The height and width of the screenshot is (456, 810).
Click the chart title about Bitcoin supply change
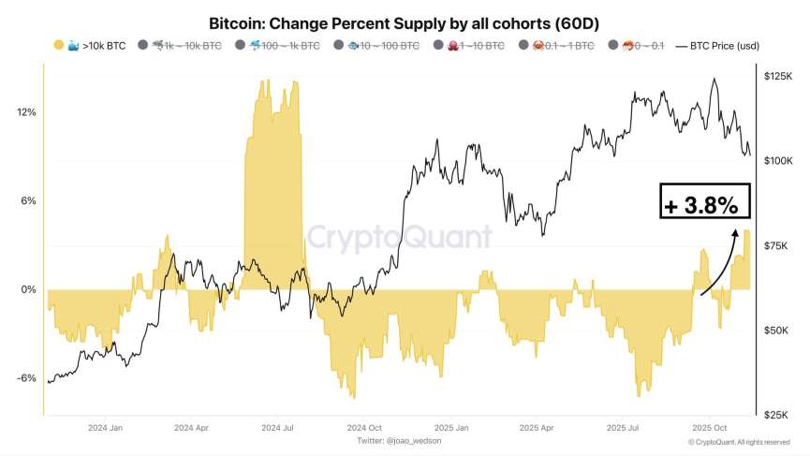[404, 22]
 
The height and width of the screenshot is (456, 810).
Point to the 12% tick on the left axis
[26, 112]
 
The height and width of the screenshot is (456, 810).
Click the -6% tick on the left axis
[26, 378]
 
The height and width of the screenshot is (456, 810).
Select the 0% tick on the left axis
[28, 289]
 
